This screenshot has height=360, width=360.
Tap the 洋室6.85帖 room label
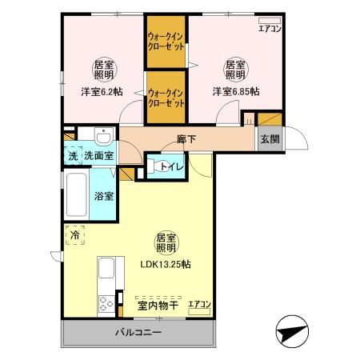[235, 91]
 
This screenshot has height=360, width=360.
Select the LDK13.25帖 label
[166, 264]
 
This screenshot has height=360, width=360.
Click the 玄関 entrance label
[270, 138]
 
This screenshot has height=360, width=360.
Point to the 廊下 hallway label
[187, 138]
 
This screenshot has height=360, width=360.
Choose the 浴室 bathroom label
[103, 196]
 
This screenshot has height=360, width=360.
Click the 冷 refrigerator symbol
[75, 236]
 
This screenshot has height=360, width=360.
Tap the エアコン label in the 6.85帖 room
[270, 30]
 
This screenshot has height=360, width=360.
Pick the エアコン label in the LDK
[199, 304]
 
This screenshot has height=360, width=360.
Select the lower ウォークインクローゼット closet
[166, 98]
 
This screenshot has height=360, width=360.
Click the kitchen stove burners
[106, 302]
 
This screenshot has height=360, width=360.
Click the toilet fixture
[152, 166]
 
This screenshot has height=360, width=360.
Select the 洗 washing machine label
[73, 157]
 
